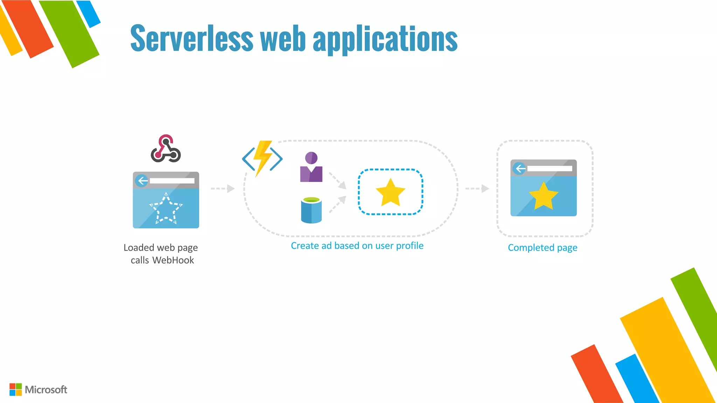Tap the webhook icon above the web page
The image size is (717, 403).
pos(166,149)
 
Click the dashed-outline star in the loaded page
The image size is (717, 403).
pos(166,208)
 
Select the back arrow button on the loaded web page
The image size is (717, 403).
pos(142,181)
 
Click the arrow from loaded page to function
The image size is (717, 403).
pos(223,189)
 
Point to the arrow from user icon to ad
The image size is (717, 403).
pos(338,181)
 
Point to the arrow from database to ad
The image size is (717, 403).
pos(338,204)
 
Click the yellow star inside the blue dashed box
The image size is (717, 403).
pos(390,192)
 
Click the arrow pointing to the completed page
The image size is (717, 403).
pos(477,189)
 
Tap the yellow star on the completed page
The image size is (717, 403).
pos(543,196)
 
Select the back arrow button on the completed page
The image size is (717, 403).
pos(520,169)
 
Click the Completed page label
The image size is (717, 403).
pos(542,248)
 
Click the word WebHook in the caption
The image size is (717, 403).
pos(173,260)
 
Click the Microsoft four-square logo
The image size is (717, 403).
pos(15,389)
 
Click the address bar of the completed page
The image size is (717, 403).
pos(550,169)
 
